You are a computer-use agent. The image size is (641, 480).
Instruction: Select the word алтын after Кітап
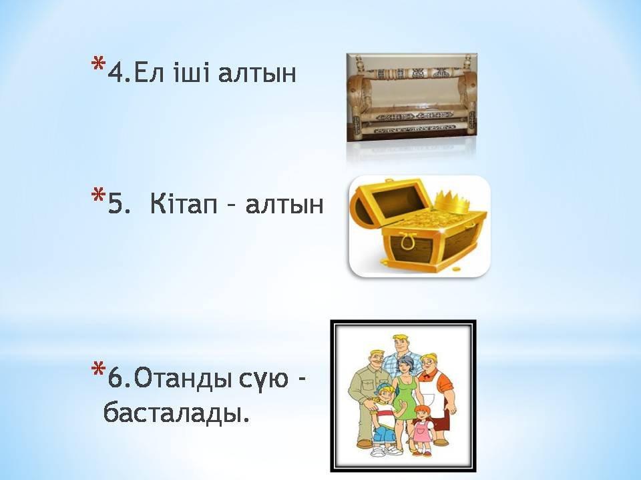click(x=284, y=204)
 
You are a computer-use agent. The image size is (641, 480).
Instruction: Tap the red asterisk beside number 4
click(x=97, y=65)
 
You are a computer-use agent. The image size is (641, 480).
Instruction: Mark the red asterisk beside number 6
click(x=97, y=369)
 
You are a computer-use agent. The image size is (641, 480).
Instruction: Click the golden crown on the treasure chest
click(x=451, y=202)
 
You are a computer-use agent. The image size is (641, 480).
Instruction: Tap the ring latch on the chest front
click(x=407, y=241)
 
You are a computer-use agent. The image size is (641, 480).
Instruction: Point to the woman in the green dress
click(x=405, y=392)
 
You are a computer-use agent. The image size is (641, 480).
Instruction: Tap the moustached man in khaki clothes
click(x=365, y=396)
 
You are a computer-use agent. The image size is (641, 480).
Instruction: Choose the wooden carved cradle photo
click(x=411, y=97)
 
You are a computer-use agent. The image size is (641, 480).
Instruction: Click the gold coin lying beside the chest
click(x=456, y=270)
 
